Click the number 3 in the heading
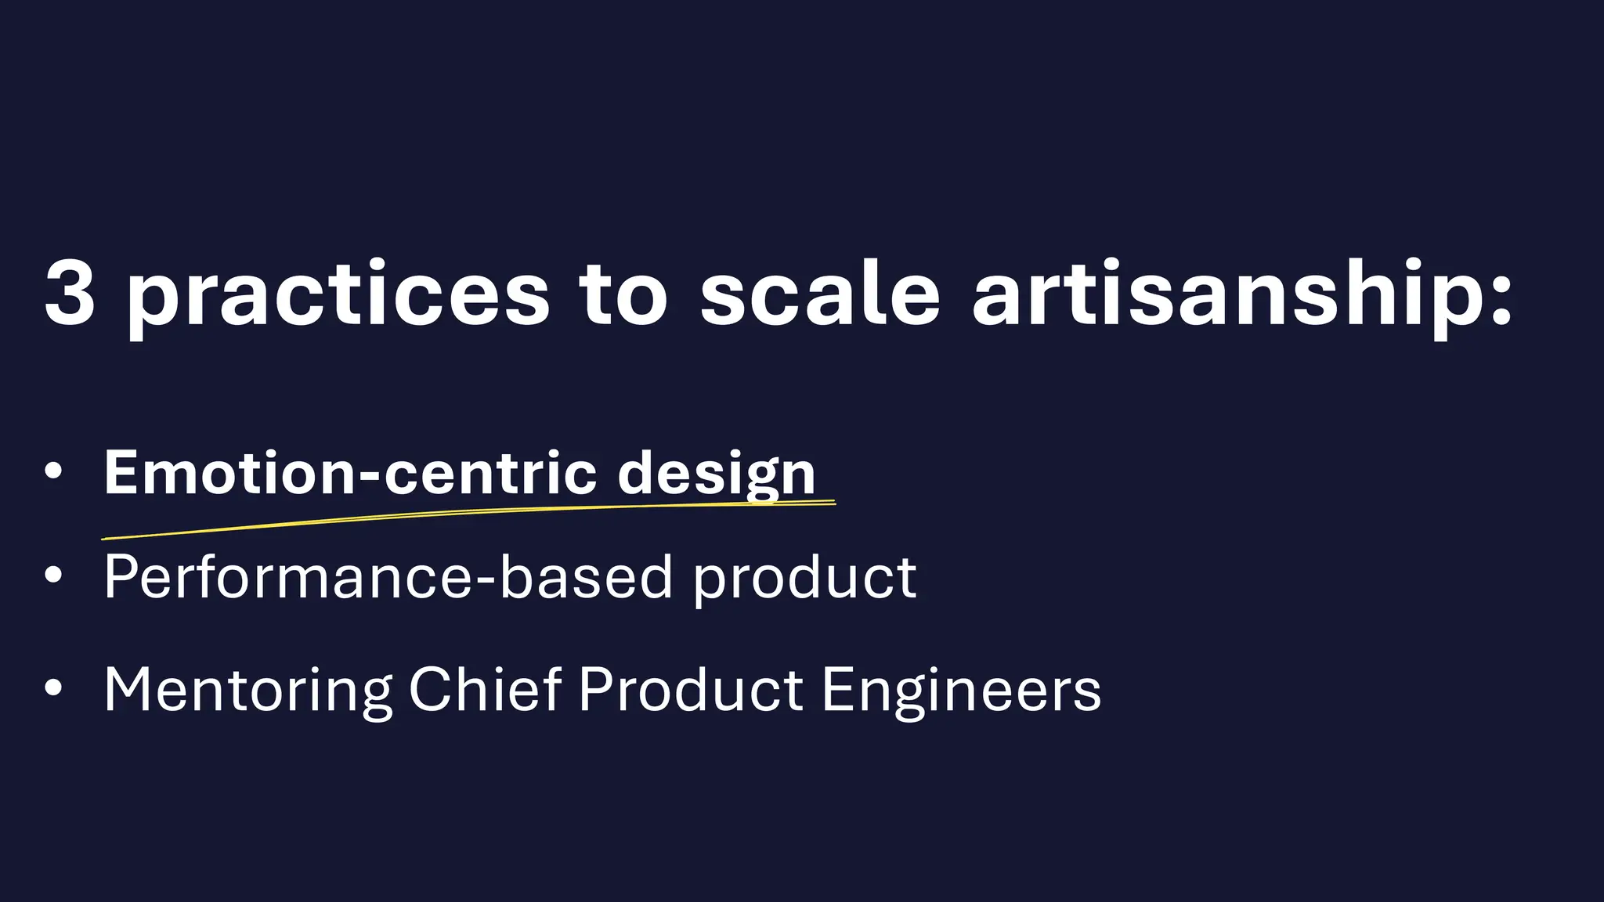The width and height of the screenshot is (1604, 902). tap(70, 293)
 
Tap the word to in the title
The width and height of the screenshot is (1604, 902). tap(623, 293)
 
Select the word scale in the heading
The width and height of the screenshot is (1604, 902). tap(819, 293)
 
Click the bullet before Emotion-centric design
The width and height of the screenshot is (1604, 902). tap(53, 471)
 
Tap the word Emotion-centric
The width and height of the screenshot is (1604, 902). tap(350, 473)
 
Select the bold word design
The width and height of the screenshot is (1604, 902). tap(717, 474)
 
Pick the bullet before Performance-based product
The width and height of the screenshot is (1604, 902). tap(53, 575)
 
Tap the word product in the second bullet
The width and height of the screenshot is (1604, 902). tap(805, 580)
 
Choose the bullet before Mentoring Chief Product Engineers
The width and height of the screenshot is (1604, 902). tap(53, 688)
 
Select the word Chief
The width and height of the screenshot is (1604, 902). tap(485, 689)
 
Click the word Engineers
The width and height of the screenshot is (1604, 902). tap(961, 691)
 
